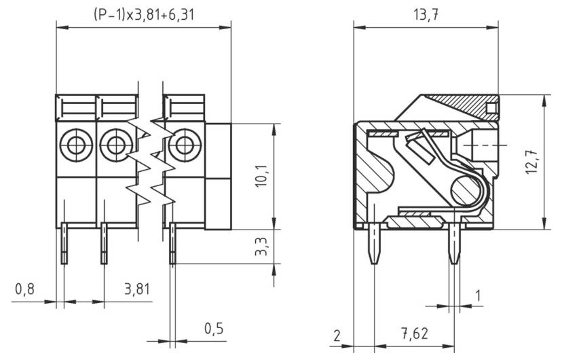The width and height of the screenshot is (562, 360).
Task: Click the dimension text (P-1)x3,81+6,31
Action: pos(143,14)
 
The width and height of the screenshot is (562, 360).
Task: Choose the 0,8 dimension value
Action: pos(25,289)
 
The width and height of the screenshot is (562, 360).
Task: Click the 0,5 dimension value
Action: pos(214,328)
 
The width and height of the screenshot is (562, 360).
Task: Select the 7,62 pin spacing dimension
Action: pos(414,335)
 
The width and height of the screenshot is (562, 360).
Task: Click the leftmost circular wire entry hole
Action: pos(73,144)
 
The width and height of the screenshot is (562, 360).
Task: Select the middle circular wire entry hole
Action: pos(114,144)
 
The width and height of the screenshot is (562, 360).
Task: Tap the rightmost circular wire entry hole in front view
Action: pos(182,144)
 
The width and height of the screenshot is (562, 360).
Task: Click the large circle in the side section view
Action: pos(465,188)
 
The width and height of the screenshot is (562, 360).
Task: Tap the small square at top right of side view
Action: pos(491,108)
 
